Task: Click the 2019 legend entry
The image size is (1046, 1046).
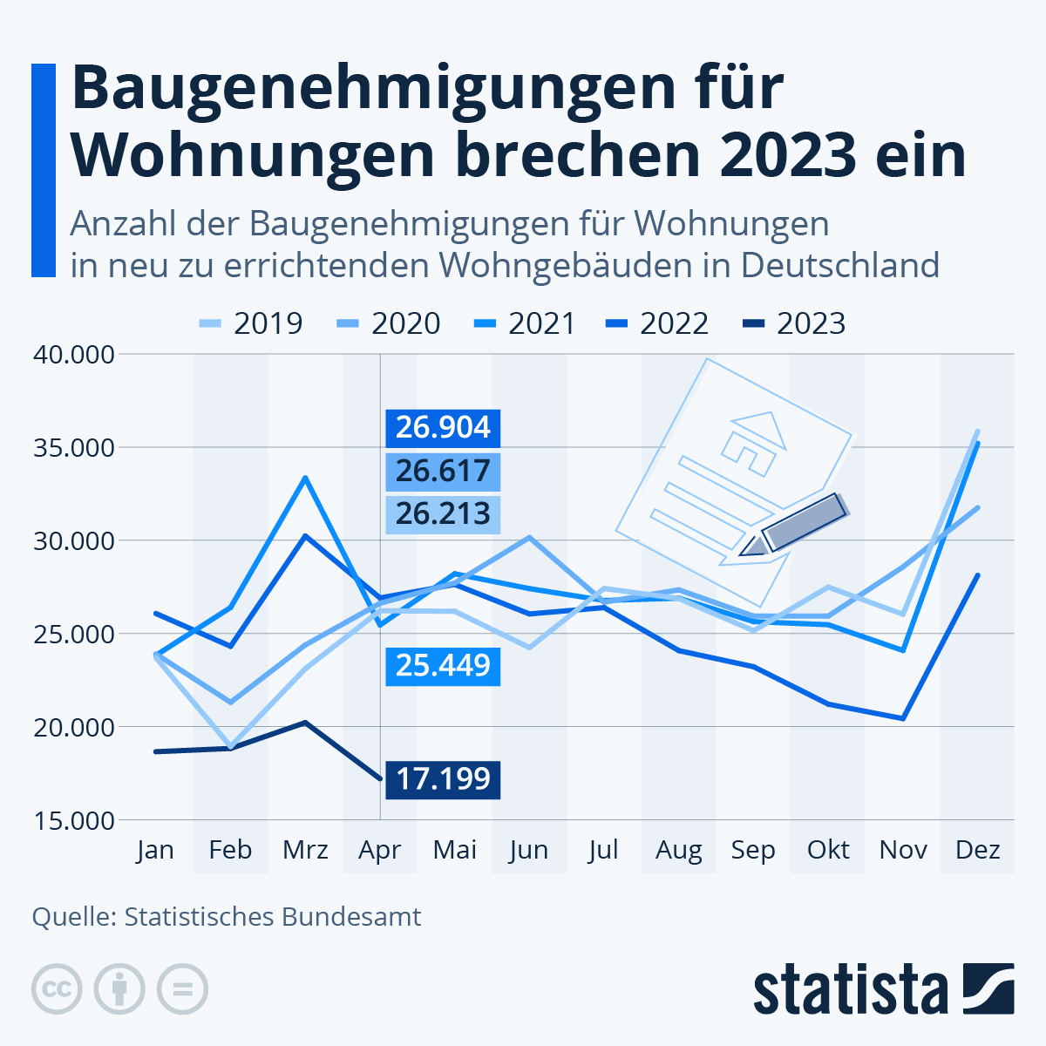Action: point(250,323)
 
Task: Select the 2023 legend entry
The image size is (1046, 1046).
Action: point(795,323)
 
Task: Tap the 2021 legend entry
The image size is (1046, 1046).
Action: point(526,323)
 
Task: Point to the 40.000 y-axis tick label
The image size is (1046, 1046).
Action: point(74,355)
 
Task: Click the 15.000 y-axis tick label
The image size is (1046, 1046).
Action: point(74,820)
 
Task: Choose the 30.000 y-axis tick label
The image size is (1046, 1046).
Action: point(74,541)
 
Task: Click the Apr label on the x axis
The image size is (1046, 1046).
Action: point(379,850)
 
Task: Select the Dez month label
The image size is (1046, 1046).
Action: point(977,850)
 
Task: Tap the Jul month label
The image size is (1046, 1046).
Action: point(603,850)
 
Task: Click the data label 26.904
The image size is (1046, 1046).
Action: point(443,428)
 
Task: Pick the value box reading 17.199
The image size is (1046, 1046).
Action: point(443,778)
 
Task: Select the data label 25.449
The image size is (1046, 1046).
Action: point(443,666)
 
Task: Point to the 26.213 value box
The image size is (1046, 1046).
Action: point(443,513)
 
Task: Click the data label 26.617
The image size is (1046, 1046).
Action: point(443,472)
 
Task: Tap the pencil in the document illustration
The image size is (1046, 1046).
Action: point(798,525)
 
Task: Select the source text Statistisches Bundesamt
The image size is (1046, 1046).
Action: point(273,917)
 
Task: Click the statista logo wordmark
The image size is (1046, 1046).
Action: point(850,990)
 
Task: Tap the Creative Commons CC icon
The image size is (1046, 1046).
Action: point(57,989)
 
